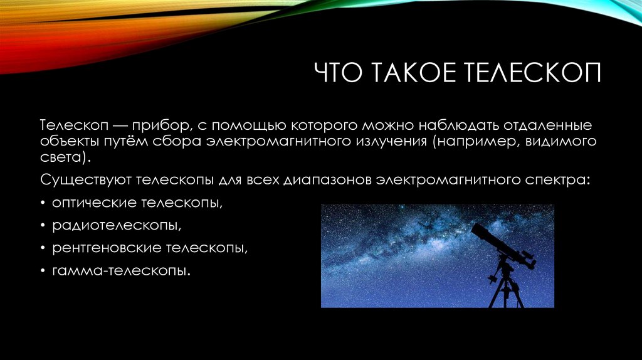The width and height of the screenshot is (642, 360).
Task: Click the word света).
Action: pos(68,157)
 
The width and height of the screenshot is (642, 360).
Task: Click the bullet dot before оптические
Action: pos(43,204)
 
